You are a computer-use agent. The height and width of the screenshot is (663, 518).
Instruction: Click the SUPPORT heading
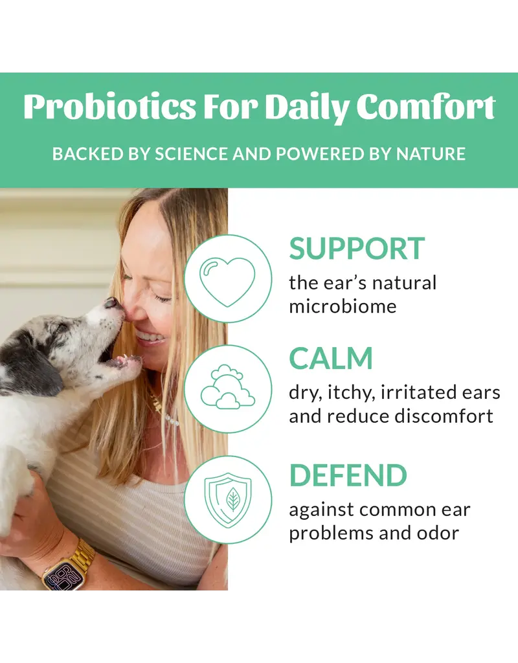(x=357, y=249)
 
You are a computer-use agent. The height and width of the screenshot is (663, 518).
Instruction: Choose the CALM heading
(x=331, y=359)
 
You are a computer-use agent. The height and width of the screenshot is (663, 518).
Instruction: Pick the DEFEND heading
(x=348, y=475)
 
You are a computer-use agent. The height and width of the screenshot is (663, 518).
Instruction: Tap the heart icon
(x=227, y=278)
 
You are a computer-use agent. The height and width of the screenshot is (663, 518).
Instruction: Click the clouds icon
(x=227, y=388)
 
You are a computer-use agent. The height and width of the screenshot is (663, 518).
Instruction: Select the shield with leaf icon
(x=227, y=499)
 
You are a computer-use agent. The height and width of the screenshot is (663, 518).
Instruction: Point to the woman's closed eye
(x=162, y=297)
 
